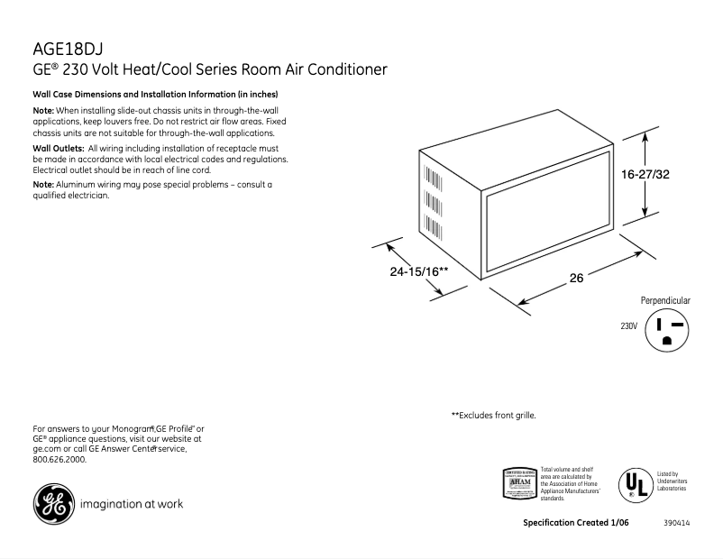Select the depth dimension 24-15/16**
point(419,270)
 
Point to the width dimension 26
point(577,279)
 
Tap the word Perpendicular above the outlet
point(665,300)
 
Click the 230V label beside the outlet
point(628,326)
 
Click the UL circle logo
point(635,484)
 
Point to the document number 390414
point(677,523)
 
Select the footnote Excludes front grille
point(493,416)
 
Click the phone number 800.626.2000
point(59,459)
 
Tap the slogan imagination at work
point(132,504)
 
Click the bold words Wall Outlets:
point(58,148)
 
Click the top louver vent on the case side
point(426,173)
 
